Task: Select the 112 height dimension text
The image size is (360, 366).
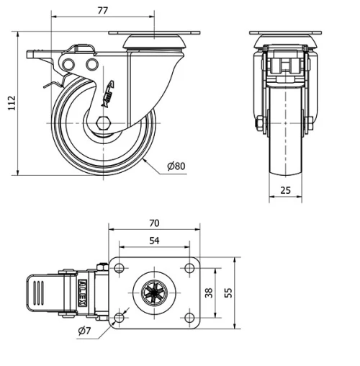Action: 9,104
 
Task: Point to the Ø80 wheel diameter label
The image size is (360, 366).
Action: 176,166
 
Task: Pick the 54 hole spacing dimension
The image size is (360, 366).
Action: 154,241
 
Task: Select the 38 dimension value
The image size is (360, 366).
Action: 207,293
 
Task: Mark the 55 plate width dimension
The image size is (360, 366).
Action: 229,293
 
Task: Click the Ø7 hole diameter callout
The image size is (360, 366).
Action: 84,331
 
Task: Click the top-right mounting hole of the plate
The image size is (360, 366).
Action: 189,269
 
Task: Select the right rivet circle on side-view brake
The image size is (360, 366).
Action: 91,66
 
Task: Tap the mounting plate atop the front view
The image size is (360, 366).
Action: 286,35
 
